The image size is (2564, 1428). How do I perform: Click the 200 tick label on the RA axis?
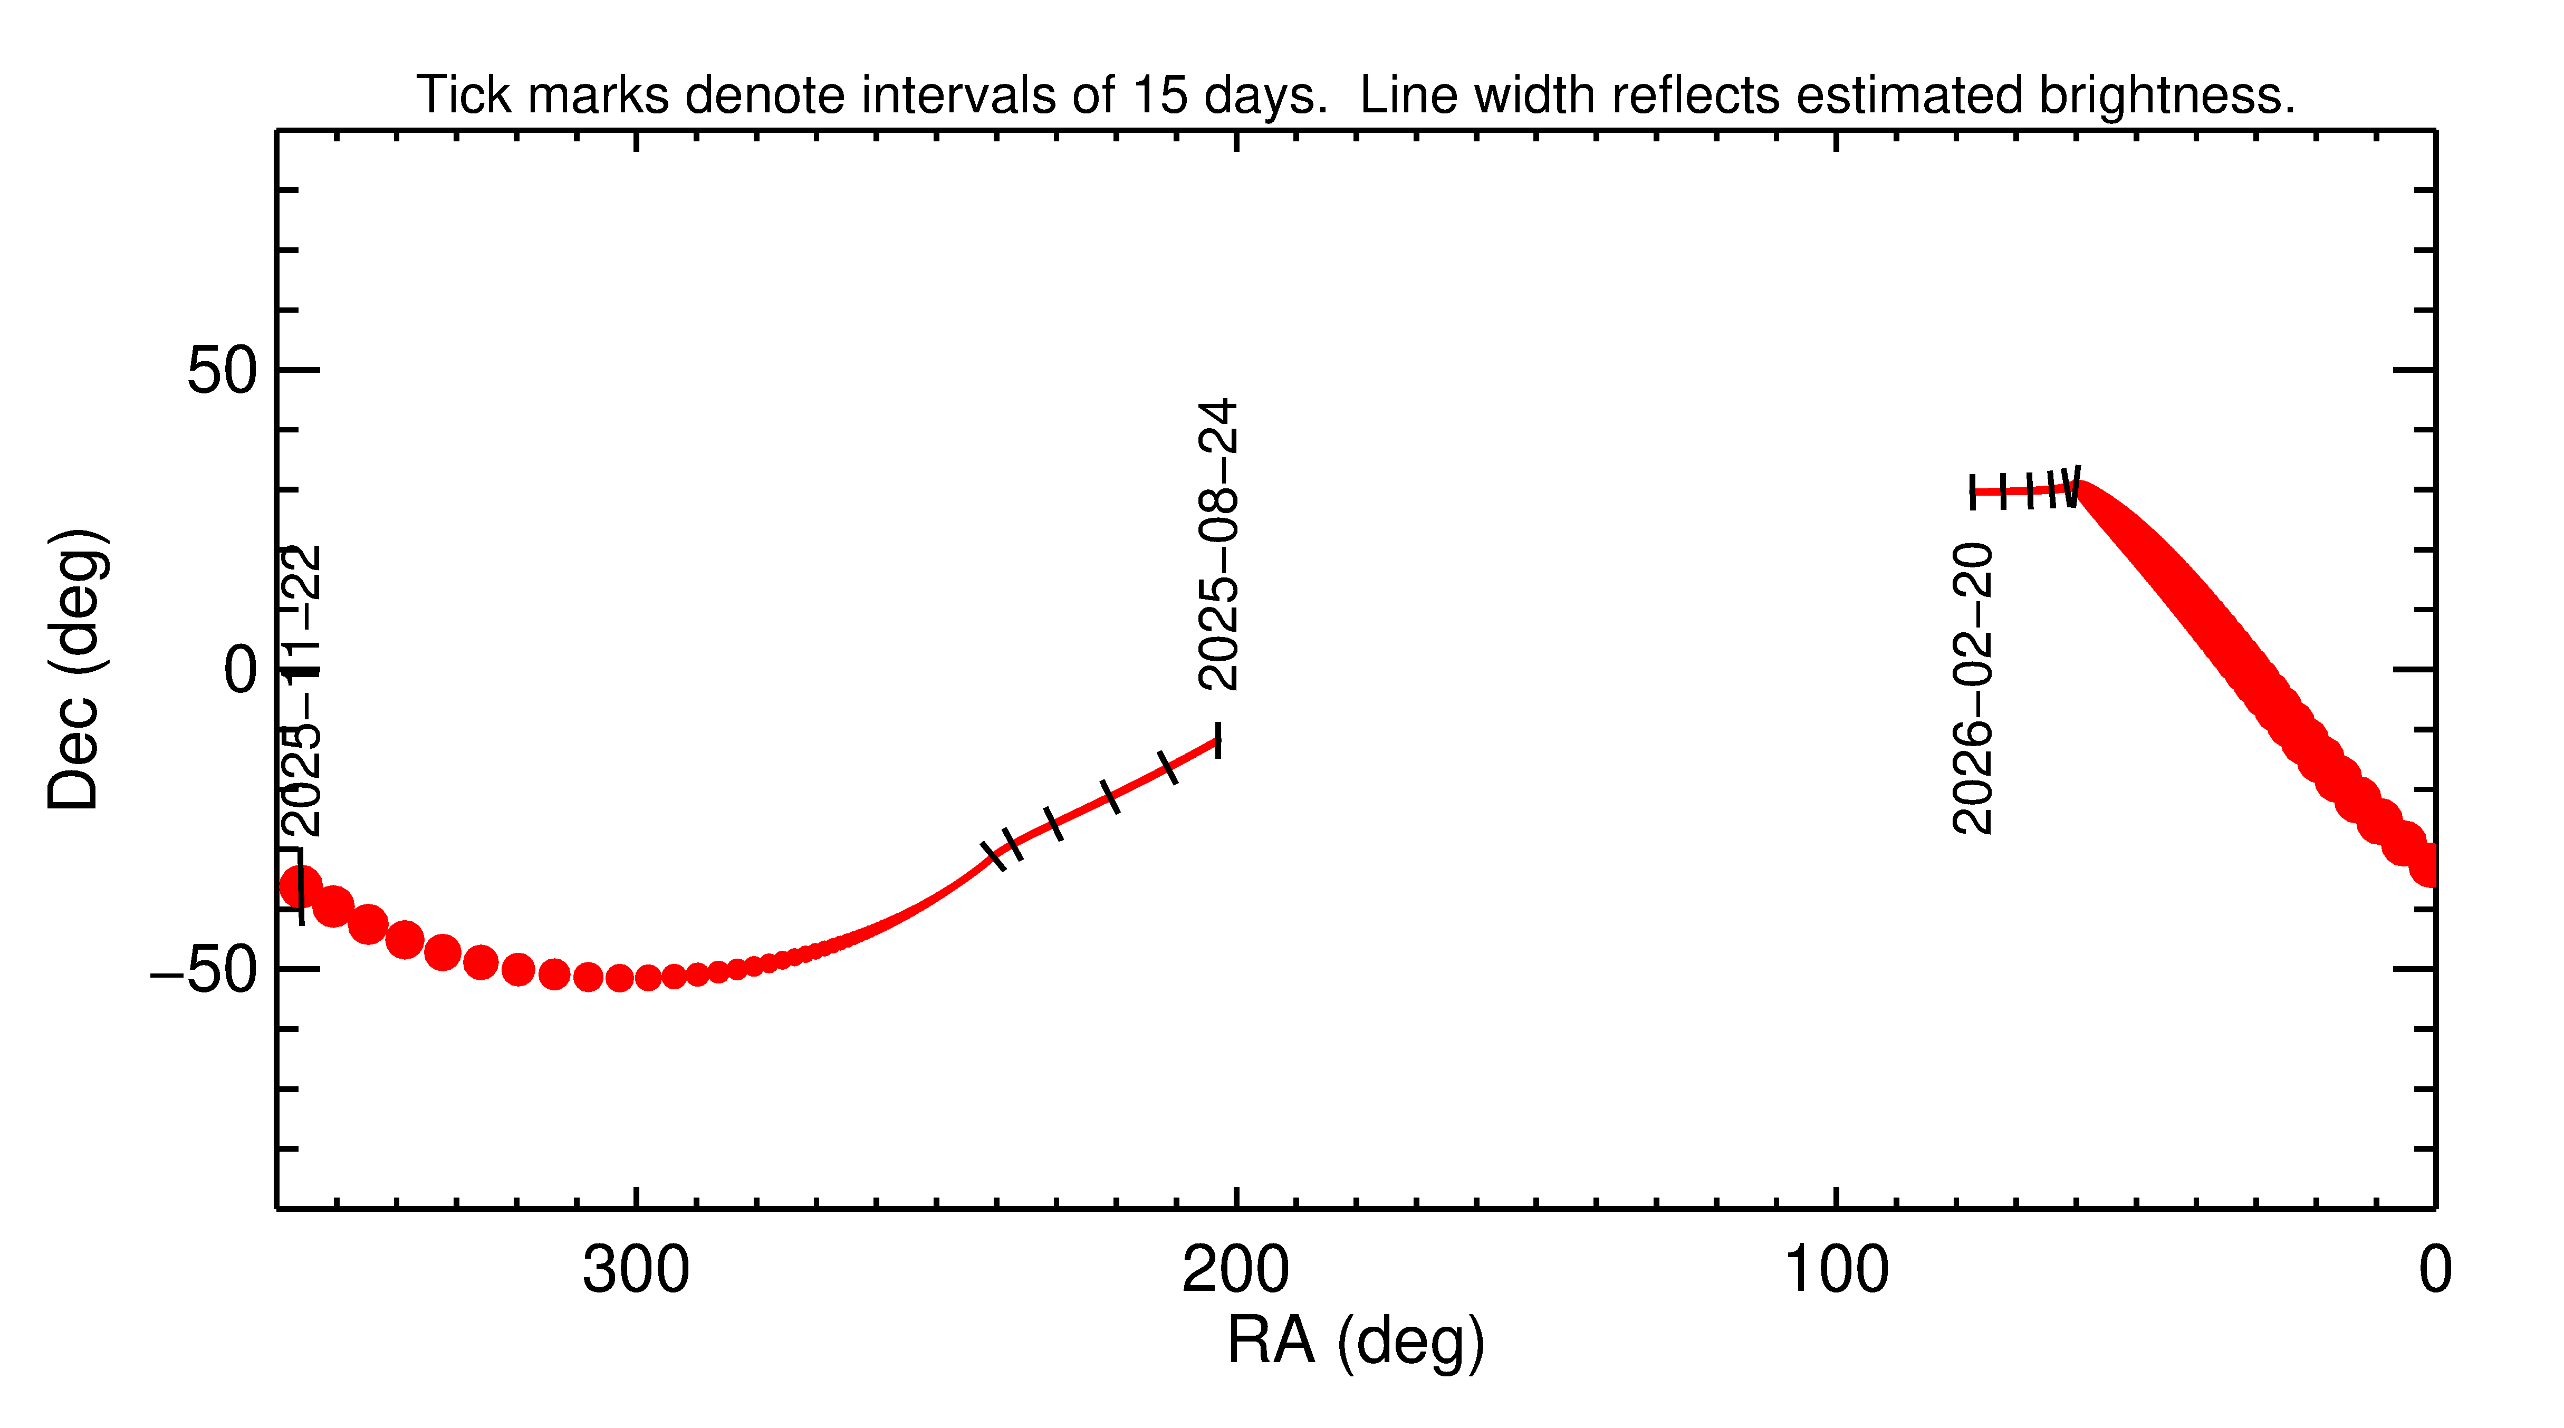point(1235,1271)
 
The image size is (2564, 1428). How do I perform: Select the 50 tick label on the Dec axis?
point(222,371)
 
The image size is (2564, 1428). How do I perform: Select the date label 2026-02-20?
point(1973,688)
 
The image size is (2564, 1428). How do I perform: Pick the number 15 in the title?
point(1160,95)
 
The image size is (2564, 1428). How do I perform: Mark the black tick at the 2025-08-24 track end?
point(1217,740)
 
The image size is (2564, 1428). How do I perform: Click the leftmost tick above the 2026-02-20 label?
point(1973,491)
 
